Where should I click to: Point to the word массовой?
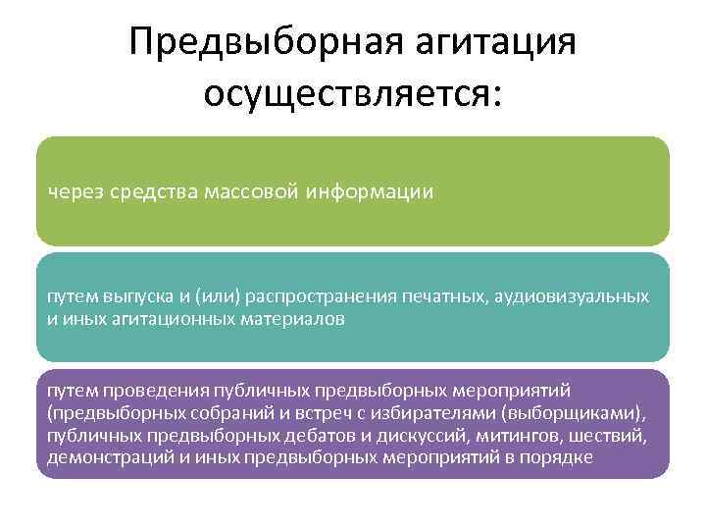pos(256,191)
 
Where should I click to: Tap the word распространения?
pos(322,295)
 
